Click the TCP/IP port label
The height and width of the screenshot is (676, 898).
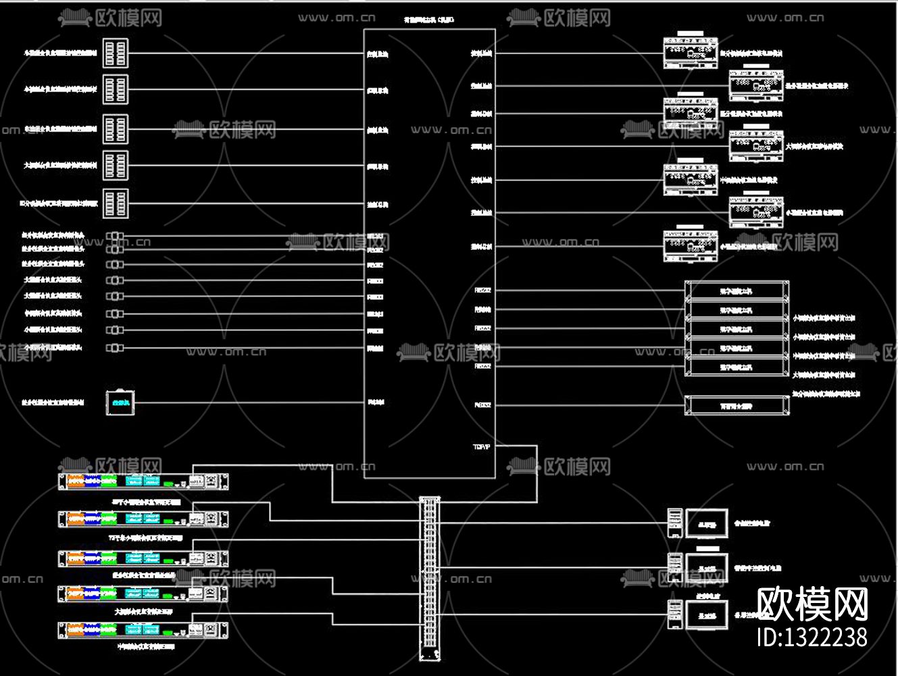coord(481,447)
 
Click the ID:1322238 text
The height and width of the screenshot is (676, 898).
coord(812,637)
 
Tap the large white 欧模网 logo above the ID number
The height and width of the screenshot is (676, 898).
coord(812,604)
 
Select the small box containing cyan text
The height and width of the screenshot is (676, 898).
coord(120,403)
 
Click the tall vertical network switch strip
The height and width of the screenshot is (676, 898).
coord(430,578)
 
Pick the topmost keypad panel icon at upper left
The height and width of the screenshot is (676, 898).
coord(116,53)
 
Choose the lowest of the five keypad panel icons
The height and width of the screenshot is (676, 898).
coord(116,203)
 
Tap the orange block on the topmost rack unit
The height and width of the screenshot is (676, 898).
coord(75,481)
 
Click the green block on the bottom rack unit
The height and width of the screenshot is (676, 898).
coord(109,631)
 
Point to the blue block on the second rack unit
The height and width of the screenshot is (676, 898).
coord(92,519)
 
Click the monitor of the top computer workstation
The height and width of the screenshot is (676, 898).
coord(707,523)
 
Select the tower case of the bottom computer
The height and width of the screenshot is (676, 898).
coord(674,614)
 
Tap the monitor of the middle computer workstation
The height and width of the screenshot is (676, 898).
coord(707,568)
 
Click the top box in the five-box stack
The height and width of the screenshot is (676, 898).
coord(737,291)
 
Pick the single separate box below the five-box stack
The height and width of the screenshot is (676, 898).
coord(737,406)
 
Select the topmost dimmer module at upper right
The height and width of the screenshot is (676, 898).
coord(690,52)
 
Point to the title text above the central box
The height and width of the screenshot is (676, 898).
coord(429,20)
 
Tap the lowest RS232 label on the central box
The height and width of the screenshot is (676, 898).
coord(482,406)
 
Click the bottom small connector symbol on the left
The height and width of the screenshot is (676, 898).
coord(115,347)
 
